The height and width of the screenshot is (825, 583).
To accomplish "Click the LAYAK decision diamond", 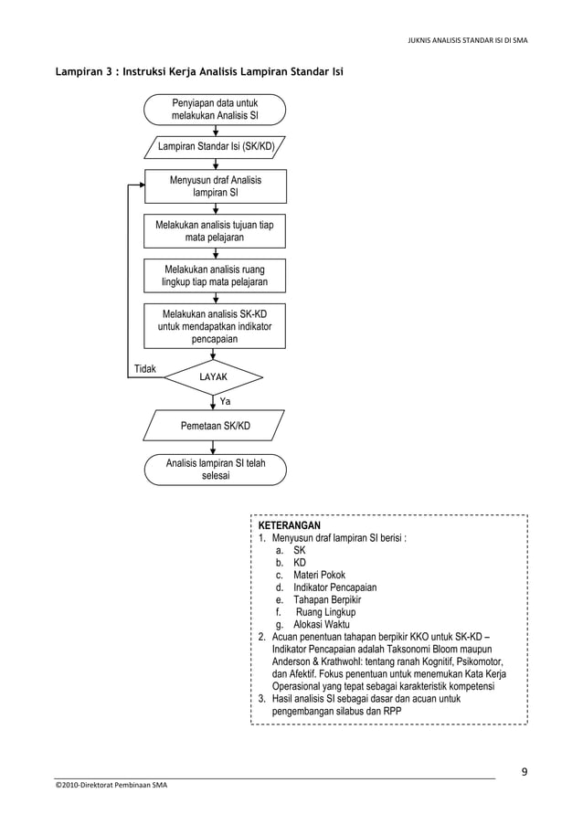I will [215, 376].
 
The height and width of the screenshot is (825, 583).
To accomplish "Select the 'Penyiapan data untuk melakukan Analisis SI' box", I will [215, 110].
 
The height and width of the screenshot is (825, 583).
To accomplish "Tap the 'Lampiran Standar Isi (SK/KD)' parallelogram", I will [216, 145].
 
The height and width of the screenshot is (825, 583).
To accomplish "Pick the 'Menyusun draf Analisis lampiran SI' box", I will [215, 186].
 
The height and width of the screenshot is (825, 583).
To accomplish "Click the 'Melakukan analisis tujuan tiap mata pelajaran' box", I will [215, 231].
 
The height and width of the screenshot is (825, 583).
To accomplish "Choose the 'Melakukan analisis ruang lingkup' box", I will [215, 276].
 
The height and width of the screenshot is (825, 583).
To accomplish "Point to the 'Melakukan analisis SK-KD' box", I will [215, 326].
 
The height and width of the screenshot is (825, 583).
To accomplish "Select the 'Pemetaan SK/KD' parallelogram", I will [215, 425].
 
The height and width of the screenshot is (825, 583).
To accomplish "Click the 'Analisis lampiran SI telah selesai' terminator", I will [215, 470].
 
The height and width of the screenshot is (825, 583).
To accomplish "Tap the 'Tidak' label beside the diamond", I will [144, 369].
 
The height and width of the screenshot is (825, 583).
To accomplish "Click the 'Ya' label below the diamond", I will [225, 401].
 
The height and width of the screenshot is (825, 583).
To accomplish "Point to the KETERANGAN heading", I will [289, 527].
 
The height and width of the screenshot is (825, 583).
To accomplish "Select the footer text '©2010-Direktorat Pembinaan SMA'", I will [111, 785].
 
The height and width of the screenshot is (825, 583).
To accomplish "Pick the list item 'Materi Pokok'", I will [319, 576].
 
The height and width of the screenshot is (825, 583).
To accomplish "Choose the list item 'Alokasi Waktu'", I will [325, 624].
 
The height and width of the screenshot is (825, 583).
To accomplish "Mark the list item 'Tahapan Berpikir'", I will [327, 600].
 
